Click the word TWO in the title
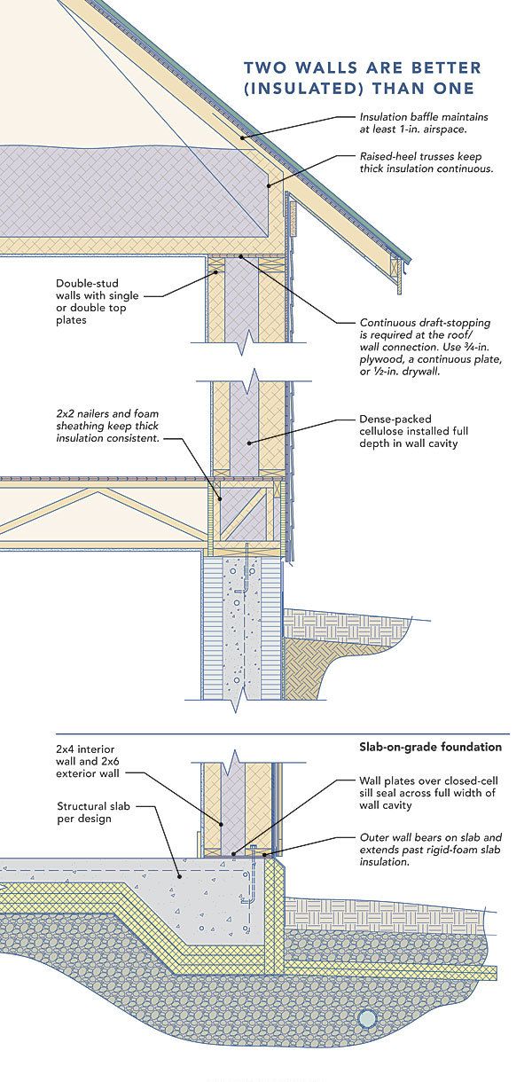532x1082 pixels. tap(262, 67)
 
